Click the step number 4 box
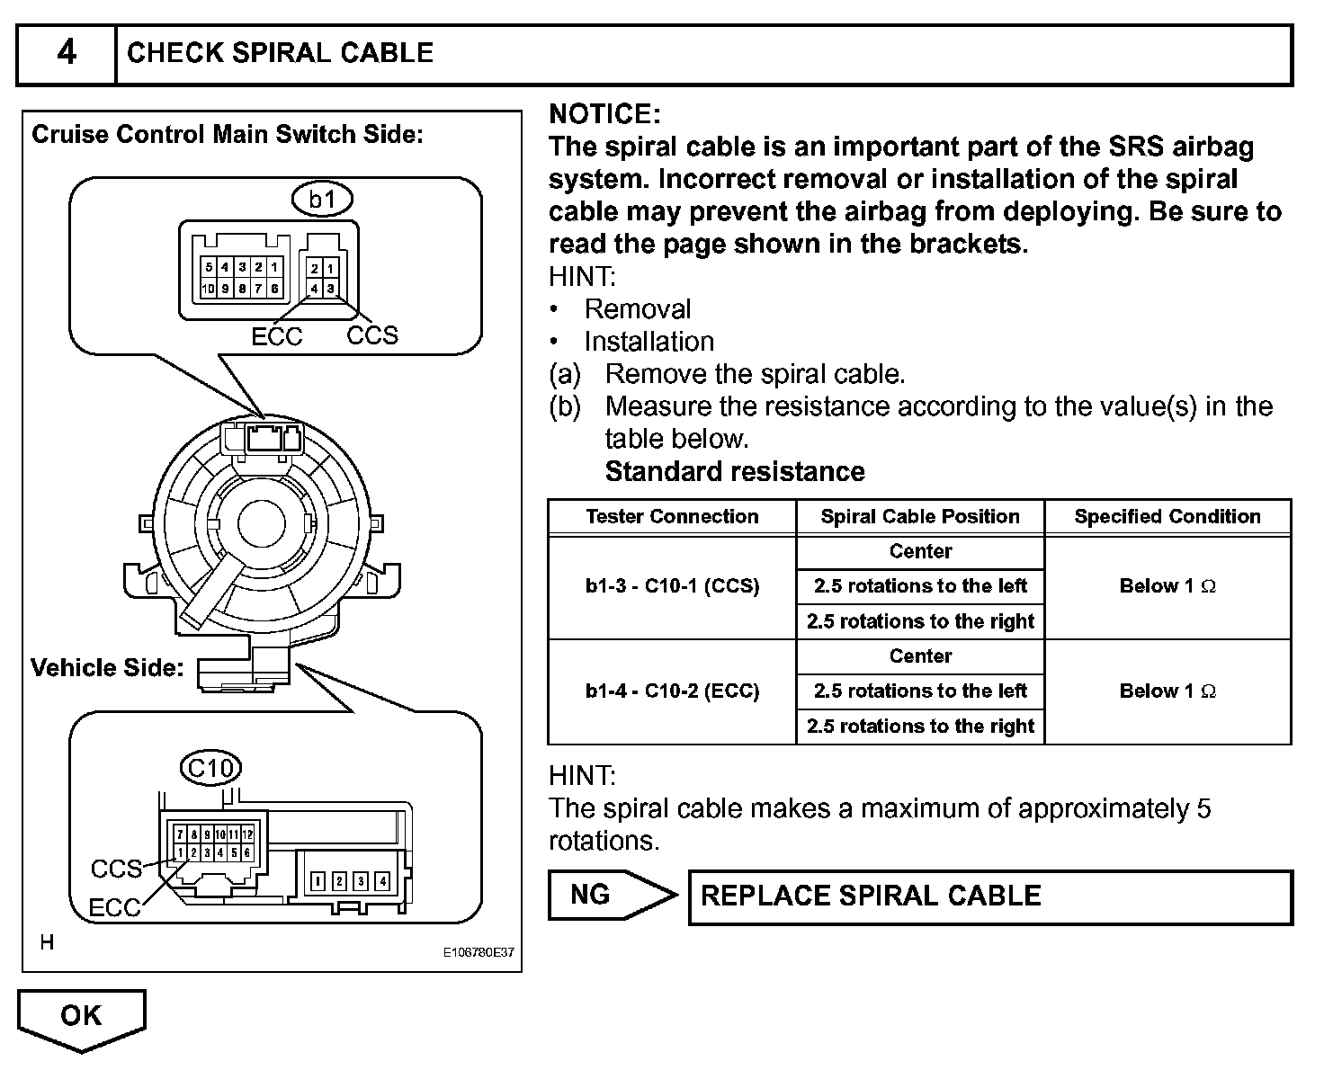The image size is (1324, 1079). point(67,54)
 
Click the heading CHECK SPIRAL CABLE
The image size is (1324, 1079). point(280,53)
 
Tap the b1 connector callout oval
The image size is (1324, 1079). point(322,199)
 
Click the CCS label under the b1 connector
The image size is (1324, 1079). point(372,335)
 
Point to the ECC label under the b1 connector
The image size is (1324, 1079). point(277,336)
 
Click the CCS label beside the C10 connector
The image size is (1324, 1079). point(116,869)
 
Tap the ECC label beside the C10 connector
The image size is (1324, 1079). point(114,908)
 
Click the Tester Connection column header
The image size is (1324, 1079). point(672,517)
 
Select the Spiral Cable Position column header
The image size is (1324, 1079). point(920,517)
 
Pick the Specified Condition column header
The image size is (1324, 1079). point(1167,517)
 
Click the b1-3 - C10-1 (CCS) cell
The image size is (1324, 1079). point(672,587)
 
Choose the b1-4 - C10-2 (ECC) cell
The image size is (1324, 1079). point(672,691)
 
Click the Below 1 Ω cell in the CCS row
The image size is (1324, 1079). point(1167,587)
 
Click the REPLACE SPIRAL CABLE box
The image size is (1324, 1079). point(989,896)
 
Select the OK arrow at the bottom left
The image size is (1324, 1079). point(81,1018)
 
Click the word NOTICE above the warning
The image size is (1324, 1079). point(604,114)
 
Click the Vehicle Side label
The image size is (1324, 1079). point(107,668)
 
